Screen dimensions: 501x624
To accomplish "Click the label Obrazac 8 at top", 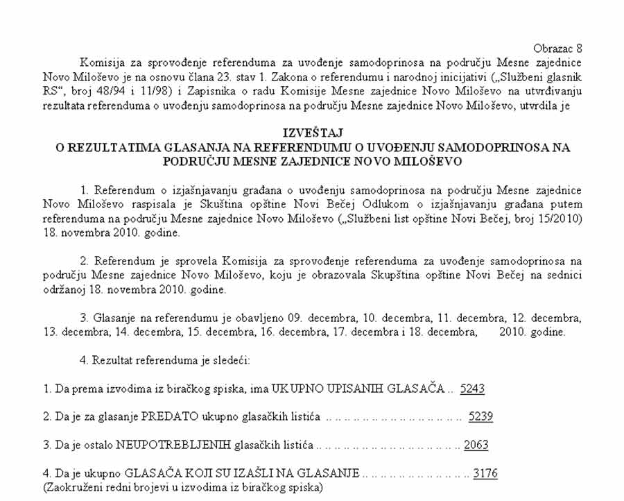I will coord(557,49).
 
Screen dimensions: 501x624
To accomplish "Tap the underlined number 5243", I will coord(472,389).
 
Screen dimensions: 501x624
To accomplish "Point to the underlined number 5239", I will coord(480,417).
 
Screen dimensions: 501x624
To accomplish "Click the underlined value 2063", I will coord(476,445).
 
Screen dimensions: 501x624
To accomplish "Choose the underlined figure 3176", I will coord(485,474).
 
